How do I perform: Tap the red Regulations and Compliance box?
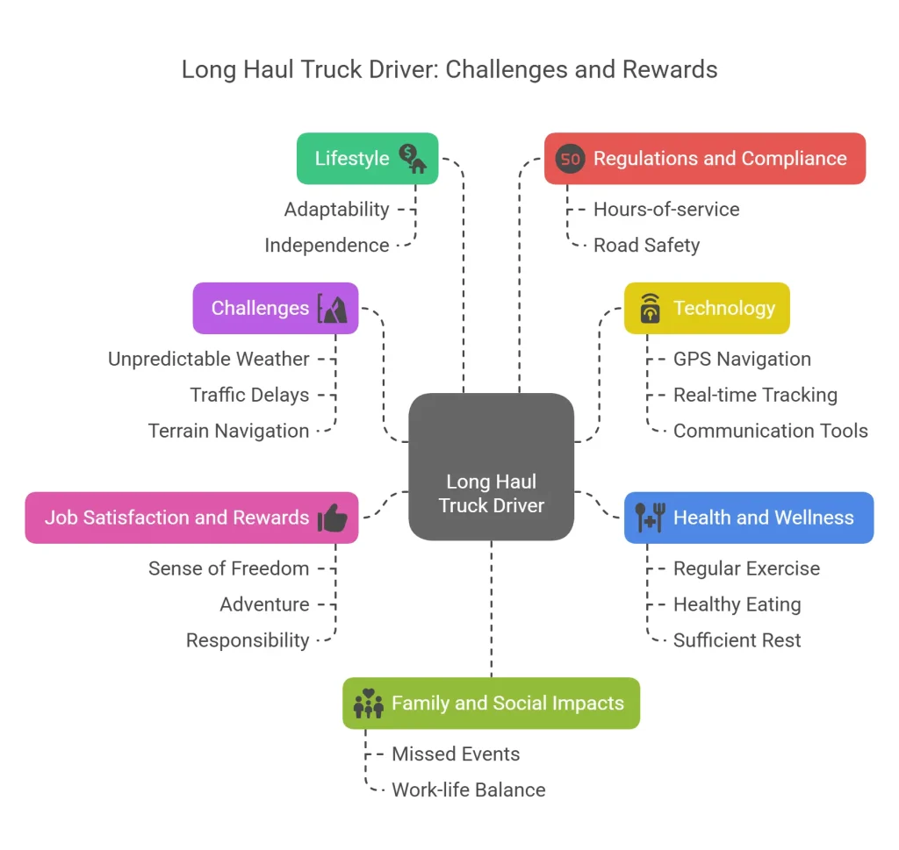[x=704, y=159]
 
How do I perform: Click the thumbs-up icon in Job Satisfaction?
[x=333, y=518]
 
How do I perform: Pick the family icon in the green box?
[x=369, y=704]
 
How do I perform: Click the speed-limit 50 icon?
[x=571, y=159]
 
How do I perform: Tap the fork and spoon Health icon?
[x=650, y=518]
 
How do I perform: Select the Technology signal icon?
[x=650, y=309]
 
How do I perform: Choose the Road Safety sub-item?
[x=646, y=246]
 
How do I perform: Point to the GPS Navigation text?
[x=742, y=360]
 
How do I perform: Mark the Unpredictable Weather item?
[x=209, y=360]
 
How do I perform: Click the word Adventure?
[x=264, y=605]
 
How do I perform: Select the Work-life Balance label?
[x=468, y=790]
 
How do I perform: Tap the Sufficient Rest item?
[x=737, y=641]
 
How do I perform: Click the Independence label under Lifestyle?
[x=327, y=246]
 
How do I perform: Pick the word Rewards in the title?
[x=668, y=70]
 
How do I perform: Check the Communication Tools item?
[x=770, y=432]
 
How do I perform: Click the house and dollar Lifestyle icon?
[x=413, y=159]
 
